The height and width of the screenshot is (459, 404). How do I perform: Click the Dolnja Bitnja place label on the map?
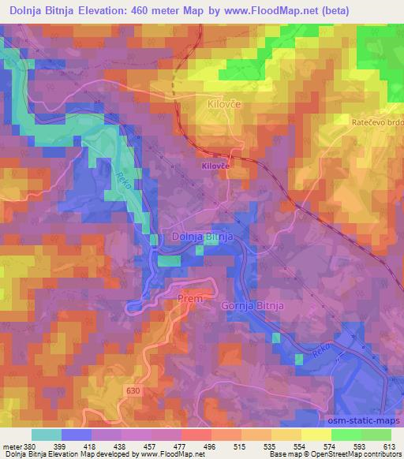pos(200,237)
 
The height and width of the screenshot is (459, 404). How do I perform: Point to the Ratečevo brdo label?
pos(377,123)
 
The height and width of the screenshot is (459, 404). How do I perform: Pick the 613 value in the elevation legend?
pos(391,445)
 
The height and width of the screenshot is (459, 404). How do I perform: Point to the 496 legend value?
pos(208,445)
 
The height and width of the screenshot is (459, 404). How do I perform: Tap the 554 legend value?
pos(300,445)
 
